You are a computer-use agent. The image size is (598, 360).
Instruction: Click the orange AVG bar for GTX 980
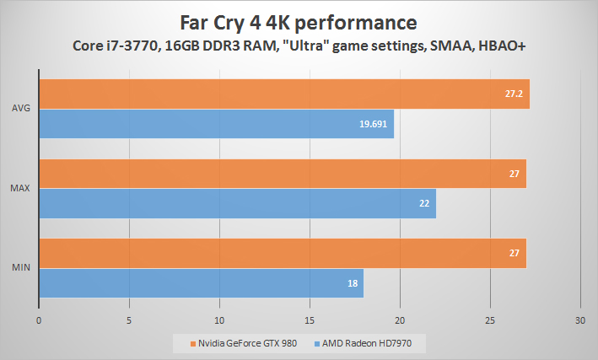(x=283, y=94)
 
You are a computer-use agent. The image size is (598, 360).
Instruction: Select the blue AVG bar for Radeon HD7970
(x=216, y=124)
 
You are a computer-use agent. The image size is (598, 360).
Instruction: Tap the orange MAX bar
(x=283, y=174)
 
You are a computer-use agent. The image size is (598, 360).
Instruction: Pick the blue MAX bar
(x=237, y=203)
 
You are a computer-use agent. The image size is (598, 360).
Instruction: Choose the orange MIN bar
(x=283, y=253)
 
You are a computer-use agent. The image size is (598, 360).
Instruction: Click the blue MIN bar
(x=201, y=282)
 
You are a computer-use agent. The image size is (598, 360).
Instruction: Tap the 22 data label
(x=424, y=203)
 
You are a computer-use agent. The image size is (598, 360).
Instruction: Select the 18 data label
(x=352, y=282)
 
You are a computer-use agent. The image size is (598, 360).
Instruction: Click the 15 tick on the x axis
(x=310, y=320)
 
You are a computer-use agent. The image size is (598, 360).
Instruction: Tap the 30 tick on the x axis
(x=579, y=320)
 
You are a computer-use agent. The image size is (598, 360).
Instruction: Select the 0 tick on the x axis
(x=39, y=320)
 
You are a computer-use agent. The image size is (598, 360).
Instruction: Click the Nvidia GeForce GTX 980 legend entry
(x=244, y=344)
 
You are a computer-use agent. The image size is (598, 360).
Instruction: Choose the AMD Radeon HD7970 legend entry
(x=370, y=344)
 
